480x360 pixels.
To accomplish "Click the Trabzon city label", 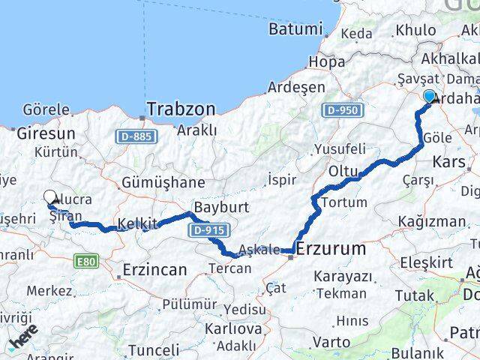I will [x=180, y=109].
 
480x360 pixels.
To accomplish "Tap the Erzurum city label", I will [x=331, y=248].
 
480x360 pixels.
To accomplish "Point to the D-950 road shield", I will [x=343, y=110].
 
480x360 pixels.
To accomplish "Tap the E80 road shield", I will [x=86, y=262].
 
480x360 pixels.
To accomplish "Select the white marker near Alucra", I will [x=50, y=197].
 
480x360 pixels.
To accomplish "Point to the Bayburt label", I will [x=215, y=206].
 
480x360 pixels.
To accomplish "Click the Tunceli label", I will [x=154, y=349].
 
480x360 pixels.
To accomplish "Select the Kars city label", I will [x=449, y=161].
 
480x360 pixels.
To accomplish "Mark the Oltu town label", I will [x=344, y=172].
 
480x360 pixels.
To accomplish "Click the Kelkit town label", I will [x=137, y=223].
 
